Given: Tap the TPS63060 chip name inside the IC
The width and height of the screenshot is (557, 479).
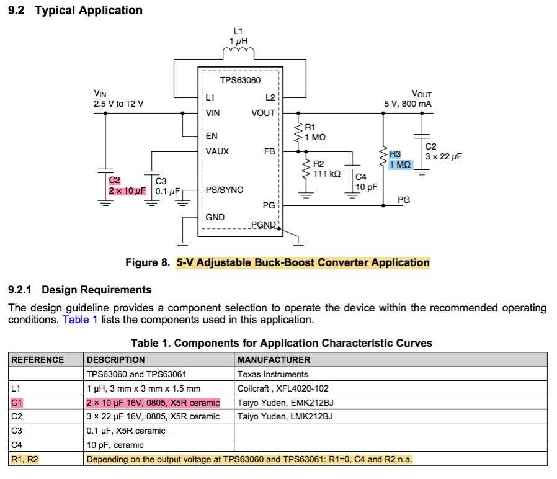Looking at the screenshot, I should coord(240,81).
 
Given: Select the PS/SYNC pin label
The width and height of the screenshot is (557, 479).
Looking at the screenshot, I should coord(224,190).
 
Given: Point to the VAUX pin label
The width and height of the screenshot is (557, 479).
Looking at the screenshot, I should coord(217,151).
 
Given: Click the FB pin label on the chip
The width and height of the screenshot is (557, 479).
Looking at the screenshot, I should coord(269,151).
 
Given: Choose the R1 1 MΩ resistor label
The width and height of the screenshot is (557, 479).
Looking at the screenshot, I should coord(315,132).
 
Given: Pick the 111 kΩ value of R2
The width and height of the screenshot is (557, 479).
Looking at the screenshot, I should coord(327,174).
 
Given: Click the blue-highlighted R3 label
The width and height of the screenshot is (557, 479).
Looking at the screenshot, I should coord(395,154).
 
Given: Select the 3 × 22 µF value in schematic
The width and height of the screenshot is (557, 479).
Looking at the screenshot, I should coord(443,156).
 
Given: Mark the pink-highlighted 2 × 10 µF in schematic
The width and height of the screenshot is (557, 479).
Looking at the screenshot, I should coord(127,190).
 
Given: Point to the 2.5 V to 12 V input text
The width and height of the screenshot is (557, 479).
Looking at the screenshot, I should coord(118,104).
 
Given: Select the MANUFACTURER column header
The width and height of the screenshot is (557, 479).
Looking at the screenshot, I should coord(274,360).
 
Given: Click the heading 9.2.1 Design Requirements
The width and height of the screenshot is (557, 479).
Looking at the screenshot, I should coord(79,290).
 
